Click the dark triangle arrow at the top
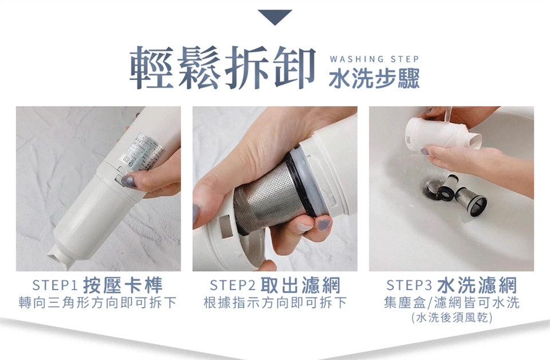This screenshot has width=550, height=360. click(x=274, y=17)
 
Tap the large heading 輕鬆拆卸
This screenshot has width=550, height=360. click(x=223, y=68)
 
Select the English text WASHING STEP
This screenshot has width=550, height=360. click(x=374, y=59)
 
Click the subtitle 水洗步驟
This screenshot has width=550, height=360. click(x=374, y=79)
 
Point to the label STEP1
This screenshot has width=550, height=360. click(x=55, y=285)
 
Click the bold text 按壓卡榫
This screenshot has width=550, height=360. click(x=123, y=285)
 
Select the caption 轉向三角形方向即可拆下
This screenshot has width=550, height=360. click(x=98, y=303)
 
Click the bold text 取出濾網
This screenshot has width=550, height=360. click(x=300, y=285)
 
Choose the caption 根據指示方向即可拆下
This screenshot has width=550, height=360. click(x=276, y=303)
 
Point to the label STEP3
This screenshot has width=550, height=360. click(x=409, y=285)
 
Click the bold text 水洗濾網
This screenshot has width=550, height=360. click(x=477, y=285)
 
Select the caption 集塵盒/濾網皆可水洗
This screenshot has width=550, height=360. click(x=452, y=303)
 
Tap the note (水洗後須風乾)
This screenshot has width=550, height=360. click(x=452, y=318)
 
